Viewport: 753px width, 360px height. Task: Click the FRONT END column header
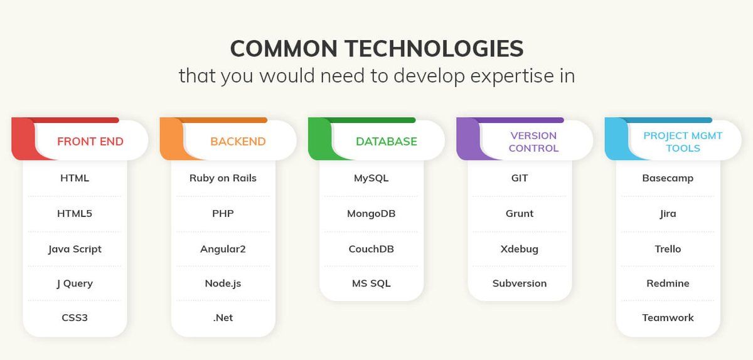pyautogui.click(x=90, y=141)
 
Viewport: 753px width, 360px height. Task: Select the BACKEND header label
pyautogui.click(x=238, y=141)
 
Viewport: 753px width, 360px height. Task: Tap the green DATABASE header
pyautogui.click(x=386, y=141)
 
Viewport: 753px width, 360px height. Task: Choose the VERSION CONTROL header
pyautogui.click(x=533, y=142)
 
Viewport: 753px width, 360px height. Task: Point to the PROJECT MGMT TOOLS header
pyautogui.click(x=683, y=142)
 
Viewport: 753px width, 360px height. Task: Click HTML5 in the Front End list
pyautogui.click(x=75, y=213)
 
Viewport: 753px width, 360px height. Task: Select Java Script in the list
pyautogui.click(x=75, y=249)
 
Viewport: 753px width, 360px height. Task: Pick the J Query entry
pyautogui.click(x=75, y=283)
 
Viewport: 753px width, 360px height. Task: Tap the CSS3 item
pyautogui.click(x=75, y=317)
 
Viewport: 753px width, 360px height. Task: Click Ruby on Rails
pyautogui.click(x=223, y=178)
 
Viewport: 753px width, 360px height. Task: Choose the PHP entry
pyautogui.click(x=223, y=213)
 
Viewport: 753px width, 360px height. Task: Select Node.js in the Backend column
pyautogui.click(x=223, y=283)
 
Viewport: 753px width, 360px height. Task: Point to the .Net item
pyautogui.click(x=223, y=317)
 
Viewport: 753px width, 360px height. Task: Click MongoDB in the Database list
pyautogui.click(x=371, y=213)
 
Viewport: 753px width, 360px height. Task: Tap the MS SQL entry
pyautogui.click(x=371, y=283)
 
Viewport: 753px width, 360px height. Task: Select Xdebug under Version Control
pyautogui.click(x=519, y=249)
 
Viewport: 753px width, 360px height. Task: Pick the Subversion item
pyautogui.click(x=519, y=283)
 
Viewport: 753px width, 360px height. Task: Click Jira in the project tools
pyautogui.click(x=668, y=213)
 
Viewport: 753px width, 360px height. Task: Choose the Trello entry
pyautogui.click(x=668, y=249)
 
